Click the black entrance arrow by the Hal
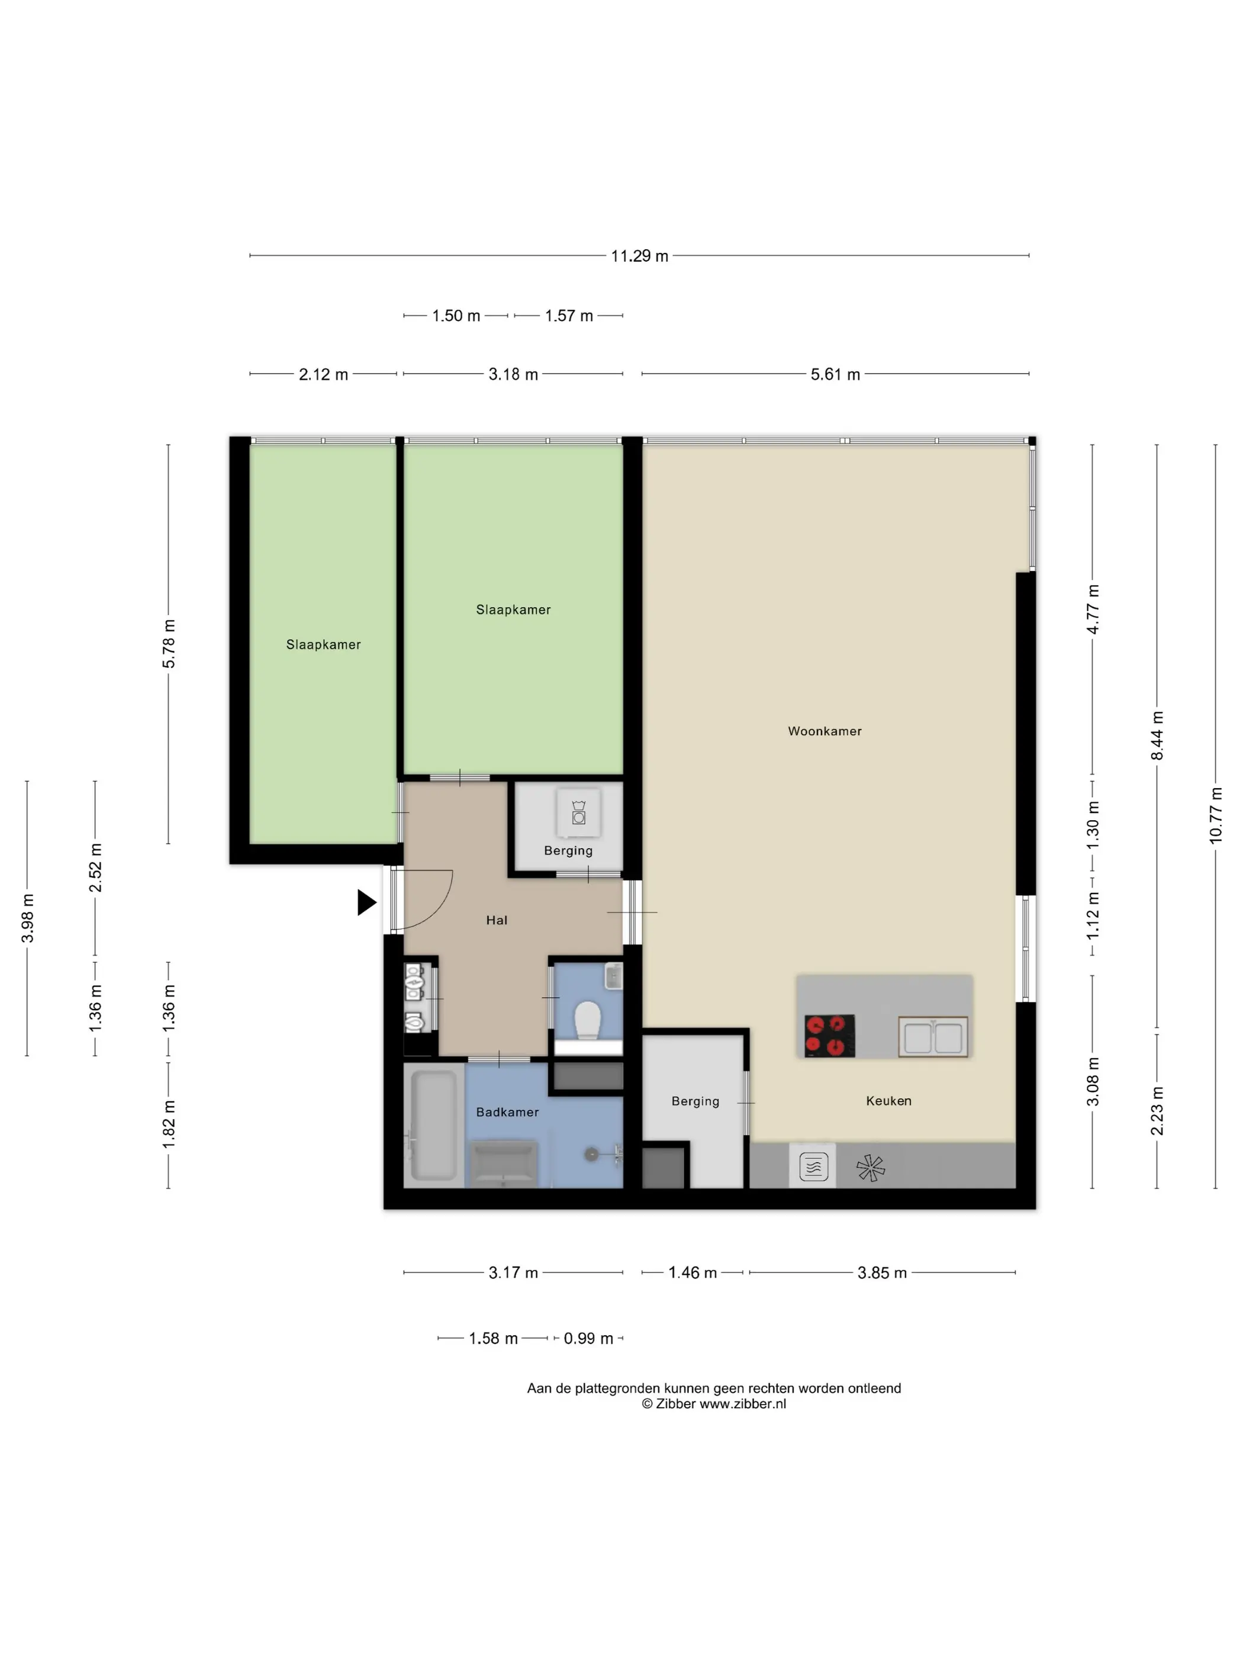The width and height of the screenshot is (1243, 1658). coord(366,902)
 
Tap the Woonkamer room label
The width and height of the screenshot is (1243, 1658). coord(824,731)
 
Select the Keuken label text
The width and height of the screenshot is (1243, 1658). coord(888,1100)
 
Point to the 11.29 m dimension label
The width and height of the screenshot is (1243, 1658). coord(639,256)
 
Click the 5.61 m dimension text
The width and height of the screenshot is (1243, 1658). coord(835,374)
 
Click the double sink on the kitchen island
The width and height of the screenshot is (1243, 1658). coord(933,1037)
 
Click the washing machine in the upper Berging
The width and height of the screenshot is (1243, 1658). coord(578,812)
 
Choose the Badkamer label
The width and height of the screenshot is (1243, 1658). coord(507,1112)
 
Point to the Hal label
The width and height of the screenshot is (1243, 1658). coord(497,920)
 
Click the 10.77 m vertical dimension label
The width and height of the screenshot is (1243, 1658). coord(1215,815)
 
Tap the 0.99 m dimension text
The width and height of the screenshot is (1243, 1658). coord(588,1339)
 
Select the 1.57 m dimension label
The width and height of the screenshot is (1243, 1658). coord(569,316)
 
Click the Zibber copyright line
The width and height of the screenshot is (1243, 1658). coord(713,1404)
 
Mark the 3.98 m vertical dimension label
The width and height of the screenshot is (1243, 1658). coord(27,918)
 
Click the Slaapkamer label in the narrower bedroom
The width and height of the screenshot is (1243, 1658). coord(323,645)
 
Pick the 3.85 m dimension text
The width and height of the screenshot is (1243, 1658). coord(882,1273)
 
